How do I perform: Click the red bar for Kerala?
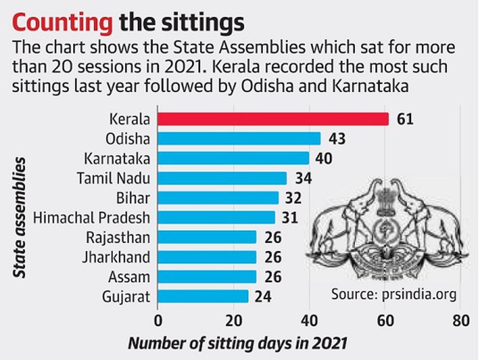tap(273, 119)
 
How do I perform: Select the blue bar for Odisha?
tap(239, 139)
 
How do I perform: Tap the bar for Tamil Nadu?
tap(222, 178)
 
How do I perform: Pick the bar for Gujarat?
tap(203, 296)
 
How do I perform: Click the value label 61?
tap(405, 119)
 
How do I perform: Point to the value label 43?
tap(337, 139)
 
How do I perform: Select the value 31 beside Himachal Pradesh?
tap(291, 217)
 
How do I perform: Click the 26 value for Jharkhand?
tap(272, 257)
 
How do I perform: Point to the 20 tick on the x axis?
tap(233, 322)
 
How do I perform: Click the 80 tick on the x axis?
tap(460, 322)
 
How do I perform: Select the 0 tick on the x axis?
tap(158, 322)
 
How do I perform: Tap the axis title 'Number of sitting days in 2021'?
tap(238, 343)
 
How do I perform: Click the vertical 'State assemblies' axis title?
tap(19, 218)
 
